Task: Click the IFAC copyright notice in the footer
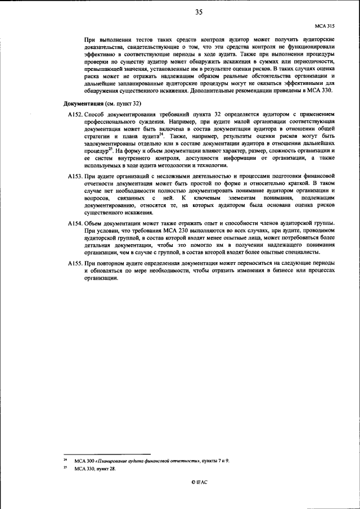click(199, 482)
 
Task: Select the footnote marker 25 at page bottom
click(65, 467)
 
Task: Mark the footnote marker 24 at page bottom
click(65, 460)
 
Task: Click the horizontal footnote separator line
click(107, 454)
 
